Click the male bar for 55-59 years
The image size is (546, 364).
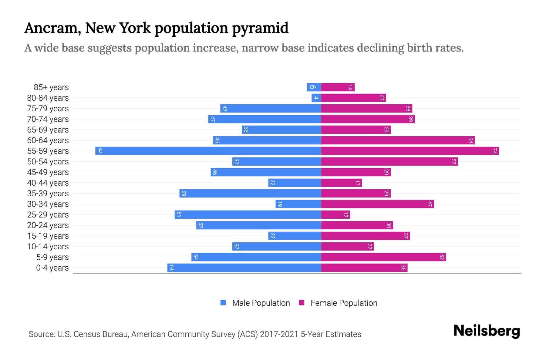click(208, 151)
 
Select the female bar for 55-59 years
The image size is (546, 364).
click(409, 151)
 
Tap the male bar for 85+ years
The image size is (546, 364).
click(314, 87)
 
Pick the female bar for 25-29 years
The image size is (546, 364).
click(335, 215)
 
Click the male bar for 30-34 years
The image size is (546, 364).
click(298, 204)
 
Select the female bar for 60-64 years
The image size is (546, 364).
click(397, 140)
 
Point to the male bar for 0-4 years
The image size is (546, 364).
click(244, 268)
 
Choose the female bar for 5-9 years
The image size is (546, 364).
click(383, 257)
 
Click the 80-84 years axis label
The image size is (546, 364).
click(48, 98)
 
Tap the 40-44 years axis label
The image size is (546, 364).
click(48, 183)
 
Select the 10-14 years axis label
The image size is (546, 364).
click(48, 247)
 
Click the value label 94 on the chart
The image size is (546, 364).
click(99, 151)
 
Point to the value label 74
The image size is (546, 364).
click(494, 151)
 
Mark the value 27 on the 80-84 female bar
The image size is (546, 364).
click(382, 98)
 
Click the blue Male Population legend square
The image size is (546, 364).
click(223, 303)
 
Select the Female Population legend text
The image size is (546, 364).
click(344, 303)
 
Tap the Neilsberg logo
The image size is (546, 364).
click(487, 331)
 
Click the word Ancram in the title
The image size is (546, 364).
click(52, 28)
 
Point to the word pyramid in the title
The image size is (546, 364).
click(260, 28)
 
